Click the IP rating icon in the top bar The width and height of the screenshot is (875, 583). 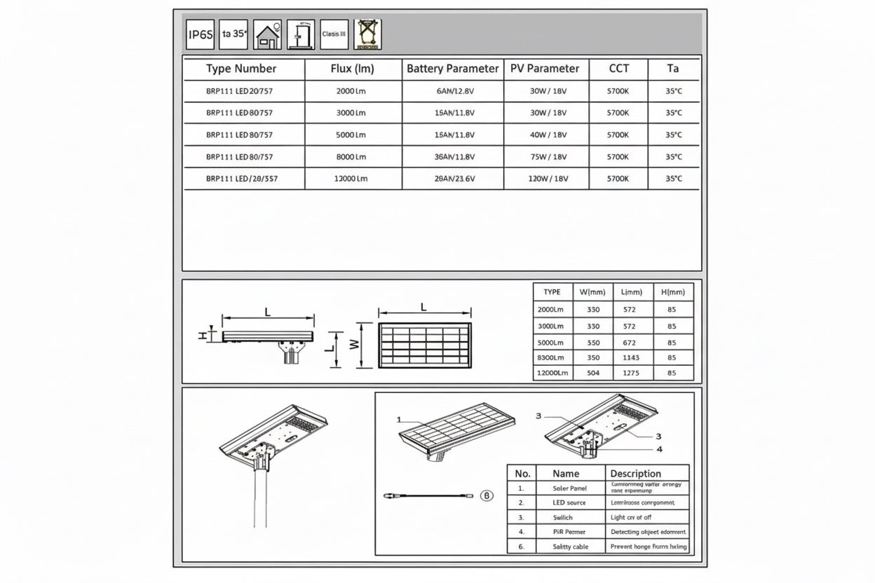click(201, 34)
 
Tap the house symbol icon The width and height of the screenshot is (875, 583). click(267, 34)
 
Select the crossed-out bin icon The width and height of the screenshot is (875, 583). click(367, 34)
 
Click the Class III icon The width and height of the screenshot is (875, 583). click(334, 34)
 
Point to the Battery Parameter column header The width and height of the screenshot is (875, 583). click(453, 69)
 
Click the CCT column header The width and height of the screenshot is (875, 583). click(618, 69)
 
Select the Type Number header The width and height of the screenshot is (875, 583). click(241, 69)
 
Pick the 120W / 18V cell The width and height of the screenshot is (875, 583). click(548, 179)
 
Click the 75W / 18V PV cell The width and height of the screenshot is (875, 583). click(548, 157)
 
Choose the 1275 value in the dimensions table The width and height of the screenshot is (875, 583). click(631, 373)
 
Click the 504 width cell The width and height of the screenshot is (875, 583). click(593, 373)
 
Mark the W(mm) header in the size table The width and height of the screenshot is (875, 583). click(593, 291)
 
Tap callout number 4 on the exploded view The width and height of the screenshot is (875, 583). click(659, 449)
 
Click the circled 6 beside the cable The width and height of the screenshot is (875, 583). click(488, 495)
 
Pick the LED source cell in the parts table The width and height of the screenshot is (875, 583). click(570, 502)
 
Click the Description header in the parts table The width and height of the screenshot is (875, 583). click(635, 474)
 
